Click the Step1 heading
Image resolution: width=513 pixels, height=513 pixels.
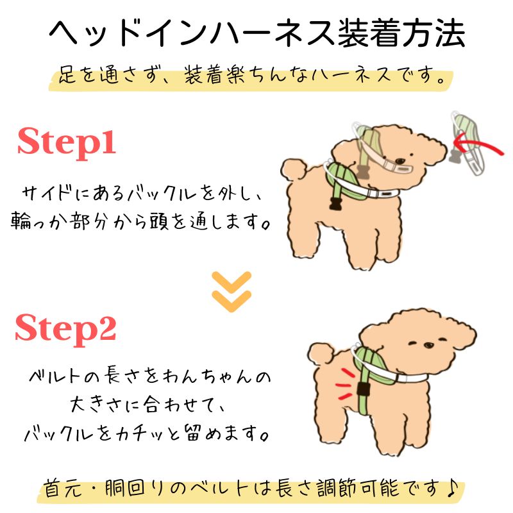pyautogui.click(x=67, y=142)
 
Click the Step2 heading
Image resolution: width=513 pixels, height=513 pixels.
pyautogui.click(x=66, y=329)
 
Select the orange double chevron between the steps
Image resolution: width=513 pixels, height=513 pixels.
pyautogui.click(x=231, y=292)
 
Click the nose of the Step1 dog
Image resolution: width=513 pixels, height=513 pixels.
pyautogui.click(x=399, y=161)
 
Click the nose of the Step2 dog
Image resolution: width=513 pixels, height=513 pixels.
pyautogui.click(x=428, y=345)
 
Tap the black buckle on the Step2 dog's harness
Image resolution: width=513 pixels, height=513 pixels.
pyautogui.click(x=363, y=389)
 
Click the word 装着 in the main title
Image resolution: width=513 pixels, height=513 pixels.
pyautogui.click(x=369, y=33)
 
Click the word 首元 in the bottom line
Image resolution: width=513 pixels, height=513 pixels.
pyautogui.click(x=63, y=489)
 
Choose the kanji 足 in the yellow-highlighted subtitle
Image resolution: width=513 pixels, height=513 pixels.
pyautogui.click(x=67, y=75)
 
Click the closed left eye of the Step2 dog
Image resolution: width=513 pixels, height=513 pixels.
pyautogui.click(x=413, y=342)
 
